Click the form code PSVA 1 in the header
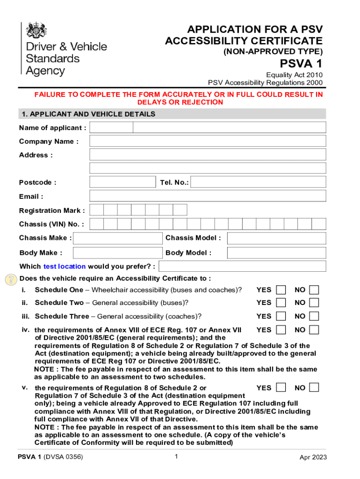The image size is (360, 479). click(x=301, y=64)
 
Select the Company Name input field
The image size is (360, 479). click(x=208, y=141)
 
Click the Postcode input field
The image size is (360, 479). click(x=122, y=182)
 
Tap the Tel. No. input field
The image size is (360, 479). click(x=258, y=182)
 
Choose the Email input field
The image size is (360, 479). click(x=208, y=196)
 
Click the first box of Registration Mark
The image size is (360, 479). click(x=96, y=210)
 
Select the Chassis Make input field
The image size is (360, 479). click(x=118, y=238)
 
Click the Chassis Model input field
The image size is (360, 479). click(x=276, y=238)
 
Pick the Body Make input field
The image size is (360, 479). click(x=118, y=253)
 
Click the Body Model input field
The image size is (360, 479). click(x=276, y=253)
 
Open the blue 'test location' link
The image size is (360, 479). click(x=65, y=267)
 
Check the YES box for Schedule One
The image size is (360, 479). click(x=281, y=290)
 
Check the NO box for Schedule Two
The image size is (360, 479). click(x=314, y=303)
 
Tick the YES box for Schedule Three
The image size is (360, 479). click(x=281, y=316)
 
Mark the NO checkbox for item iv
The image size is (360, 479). click(x=314, y=330)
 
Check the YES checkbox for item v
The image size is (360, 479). click(x=281, y=388)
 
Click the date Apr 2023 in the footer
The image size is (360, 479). click(x=313, y=457)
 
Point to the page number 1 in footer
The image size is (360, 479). click(x=176, y=457)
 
